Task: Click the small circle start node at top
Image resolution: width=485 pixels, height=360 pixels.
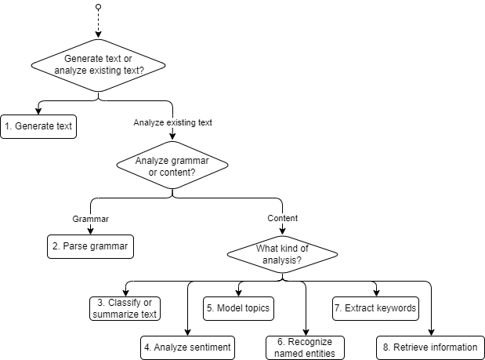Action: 98,7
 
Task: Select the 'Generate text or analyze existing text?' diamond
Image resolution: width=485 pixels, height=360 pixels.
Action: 98,64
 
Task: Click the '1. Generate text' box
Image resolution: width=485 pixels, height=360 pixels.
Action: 39,125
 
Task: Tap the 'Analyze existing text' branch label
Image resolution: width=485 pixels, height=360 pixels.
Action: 172,123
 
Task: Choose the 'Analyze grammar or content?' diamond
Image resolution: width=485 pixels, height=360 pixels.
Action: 172,166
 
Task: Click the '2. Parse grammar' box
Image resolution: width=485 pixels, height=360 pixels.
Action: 89,245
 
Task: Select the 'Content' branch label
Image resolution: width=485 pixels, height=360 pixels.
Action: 282,217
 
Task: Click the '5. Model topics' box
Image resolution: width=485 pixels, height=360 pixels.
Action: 238,308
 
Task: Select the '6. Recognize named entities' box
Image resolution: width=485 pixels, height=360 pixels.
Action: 305,347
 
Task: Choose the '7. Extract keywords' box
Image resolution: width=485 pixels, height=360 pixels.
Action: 375,308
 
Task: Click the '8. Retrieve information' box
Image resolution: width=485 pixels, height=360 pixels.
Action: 431,347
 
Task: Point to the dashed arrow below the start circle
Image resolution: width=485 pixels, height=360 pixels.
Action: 98,24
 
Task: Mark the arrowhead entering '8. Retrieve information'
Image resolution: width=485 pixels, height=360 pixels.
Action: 431,333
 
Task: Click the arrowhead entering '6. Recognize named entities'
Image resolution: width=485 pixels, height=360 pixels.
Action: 305,333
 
